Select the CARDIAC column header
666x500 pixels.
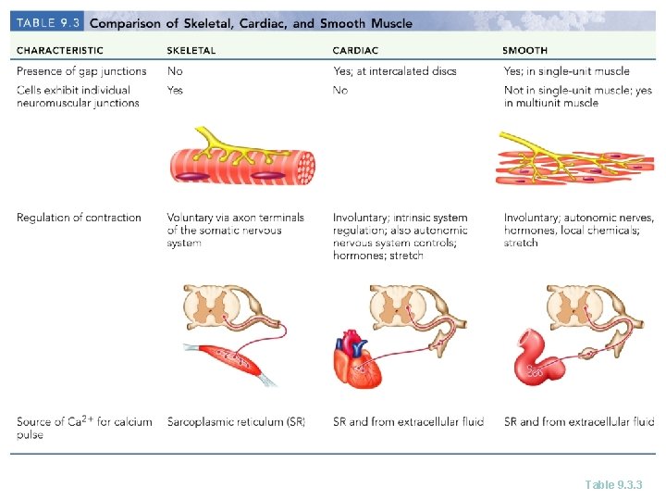click(x=353, y=51)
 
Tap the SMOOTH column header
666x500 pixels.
click(x=525, y=51)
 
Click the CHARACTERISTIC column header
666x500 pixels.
click(x=60, y=51)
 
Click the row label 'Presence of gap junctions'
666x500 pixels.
click(x=81, y=71)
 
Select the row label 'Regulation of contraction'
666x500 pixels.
click(x=79, y=218)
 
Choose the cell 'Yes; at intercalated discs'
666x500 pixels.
click(x=395, y=71)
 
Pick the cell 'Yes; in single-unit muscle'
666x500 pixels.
click(x=566, y=71)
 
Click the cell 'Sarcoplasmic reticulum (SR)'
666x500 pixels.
click(x=236, y=422)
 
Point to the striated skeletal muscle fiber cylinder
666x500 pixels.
click(x=242, y=165)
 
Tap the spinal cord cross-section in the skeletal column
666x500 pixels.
click(x=222, y=306)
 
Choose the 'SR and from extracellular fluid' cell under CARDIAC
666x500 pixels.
click(x=408, y=422)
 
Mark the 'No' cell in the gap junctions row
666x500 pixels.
click(x=175, y=71)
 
